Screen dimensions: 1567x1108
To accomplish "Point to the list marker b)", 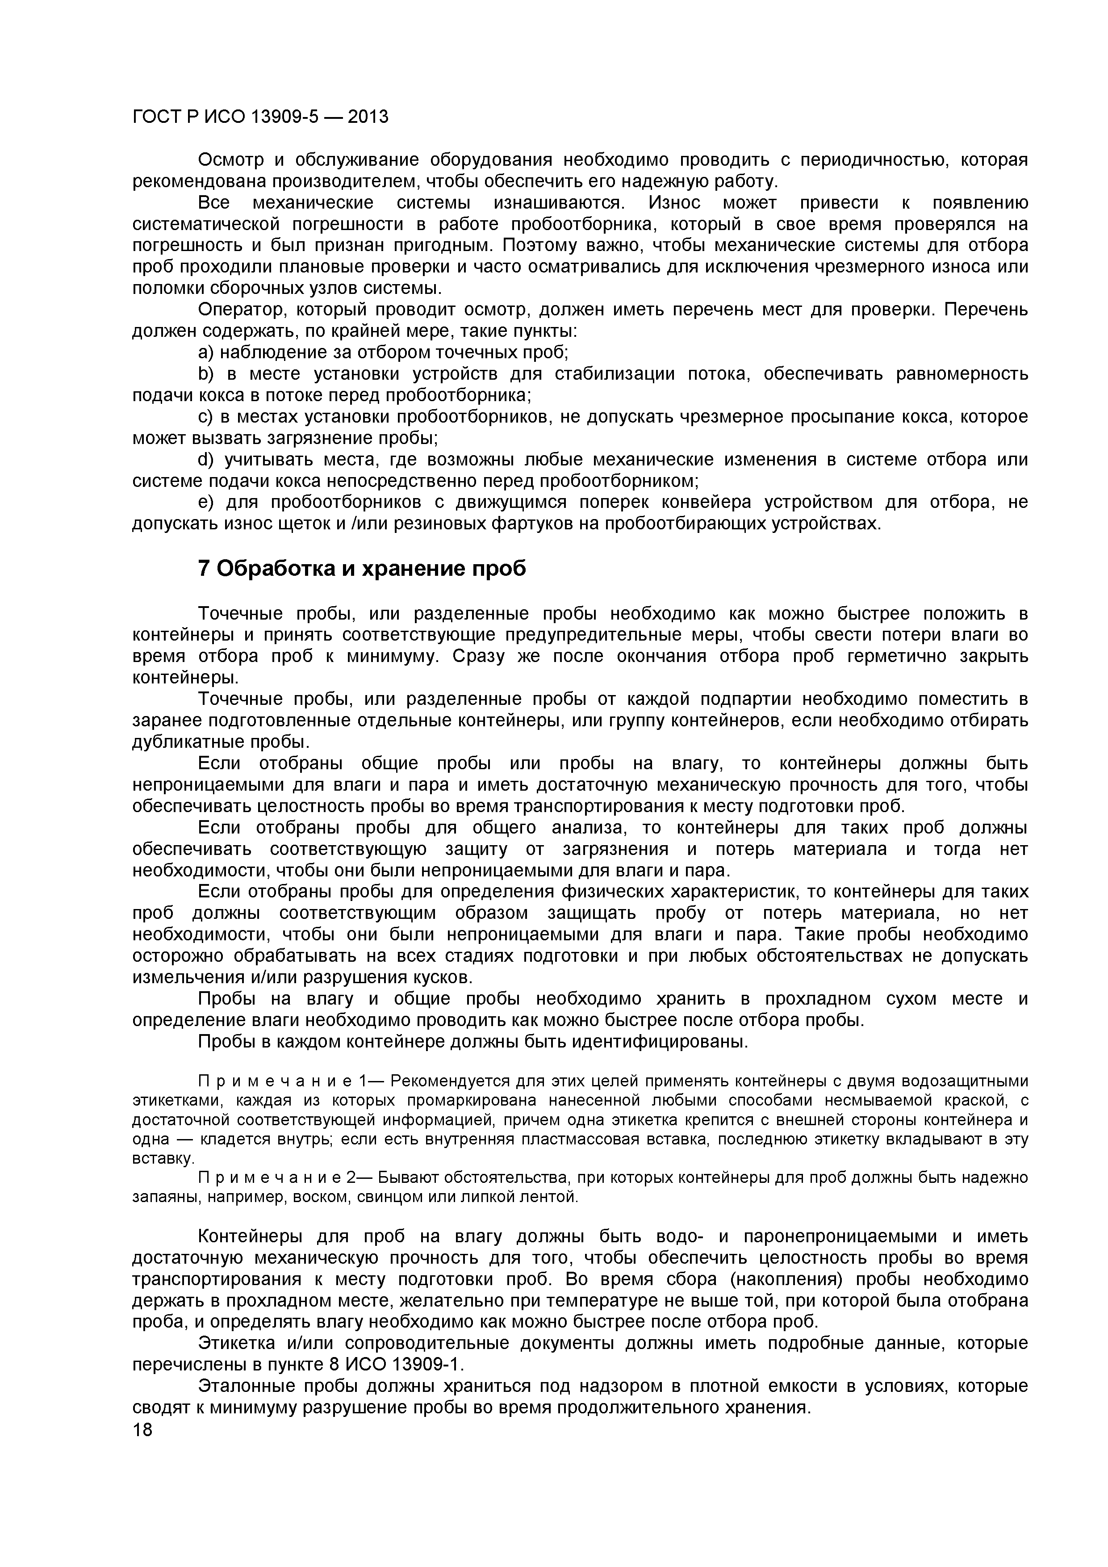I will (205, 374).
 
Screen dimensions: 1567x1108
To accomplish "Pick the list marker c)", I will (205, 416).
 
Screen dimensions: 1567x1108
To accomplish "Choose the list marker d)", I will (205, 459).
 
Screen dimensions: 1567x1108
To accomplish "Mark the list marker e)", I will (205, 503).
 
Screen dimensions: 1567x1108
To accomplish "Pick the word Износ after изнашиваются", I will (674, 203).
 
